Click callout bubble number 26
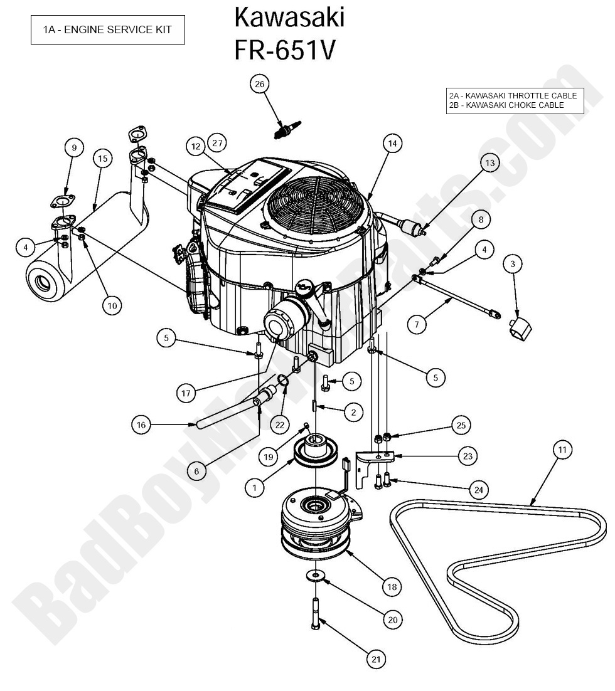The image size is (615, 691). [x=260, y=83]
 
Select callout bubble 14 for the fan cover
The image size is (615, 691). [x=392, y=143]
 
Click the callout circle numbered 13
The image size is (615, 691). [x=489, y=163]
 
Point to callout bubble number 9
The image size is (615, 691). [x=74, y=148]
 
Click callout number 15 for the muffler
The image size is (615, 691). [x=103, y=159]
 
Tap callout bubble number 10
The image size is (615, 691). [x=112, y=305]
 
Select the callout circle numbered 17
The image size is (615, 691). [x=186, y=394]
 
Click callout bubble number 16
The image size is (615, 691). [x=141, y=425]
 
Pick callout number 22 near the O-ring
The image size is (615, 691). [x=280, y=425]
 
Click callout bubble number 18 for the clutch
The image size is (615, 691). [x=392, y=587]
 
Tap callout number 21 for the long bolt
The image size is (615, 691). [x=375, y=659]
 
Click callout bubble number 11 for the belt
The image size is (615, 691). [x=562, y=450]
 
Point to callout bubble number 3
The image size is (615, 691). [x=513, y=265]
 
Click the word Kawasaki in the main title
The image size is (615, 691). [x=289, y=18]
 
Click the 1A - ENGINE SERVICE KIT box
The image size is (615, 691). [x=107, y=29]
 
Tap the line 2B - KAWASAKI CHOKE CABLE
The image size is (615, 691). [x=506, y=105]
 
